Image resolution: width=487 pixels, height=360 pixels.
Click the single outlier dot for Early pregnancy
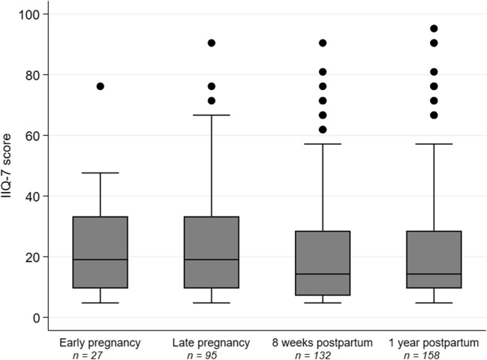(x=101, y=86)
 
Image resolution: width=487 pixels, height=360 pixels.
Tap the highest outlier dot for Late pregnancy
(x=212, y=43)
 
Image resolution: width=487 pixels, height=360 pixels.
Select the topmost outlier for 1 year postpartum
(x=434, y=28)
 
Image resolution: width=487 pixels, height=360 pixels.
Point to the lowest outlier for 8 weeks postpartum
(x=323, y=130)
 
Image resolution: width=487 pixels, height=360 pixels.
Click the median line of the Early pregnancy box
(x=101, y=259)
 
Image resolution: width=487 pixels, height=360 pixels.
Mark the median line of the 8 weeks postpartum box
(x=323, y=274)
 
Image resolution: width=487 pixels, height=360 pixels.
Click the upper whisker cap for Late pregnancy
(x=212, y=115)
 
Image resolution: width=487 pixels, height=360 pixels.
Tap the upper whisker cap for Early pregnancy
(x=101, y=172)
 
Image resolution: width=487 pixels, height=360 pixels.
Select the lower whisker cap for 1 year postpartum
(x=434, y=302)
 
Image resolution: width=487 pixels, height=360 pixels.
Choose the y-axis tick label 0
(x=36, y=318)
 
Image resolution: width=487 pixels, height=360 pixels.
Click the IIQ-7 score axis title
(x=6, y=166)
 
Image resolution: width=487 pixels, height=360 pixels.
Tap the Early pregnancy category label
(x=100, y=343)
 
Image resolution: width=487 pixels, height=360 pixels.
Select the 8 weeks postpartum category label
(x=323, y=343)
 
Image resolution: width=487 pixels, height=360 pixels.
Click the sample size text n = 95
(x=202, y=355)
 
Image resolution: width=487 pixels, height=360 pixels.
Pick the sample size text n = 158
(x=422, y=355)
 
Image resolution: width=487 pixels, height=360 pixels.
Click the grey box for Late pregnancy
(x=212, y=252)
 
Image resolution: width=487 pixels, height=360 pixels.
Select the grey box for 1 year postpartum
(x=434, y=259)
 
